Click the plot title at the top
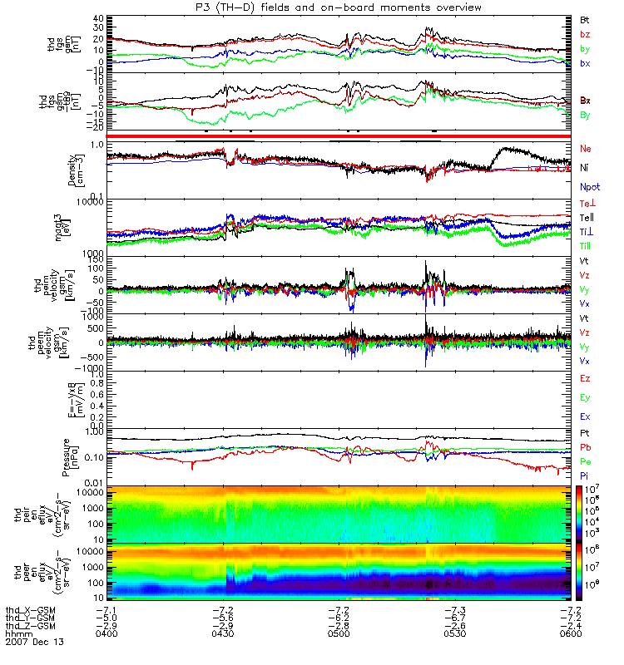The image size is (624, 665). tap(312, 7)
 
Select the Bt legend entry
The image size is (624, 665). tap(586, 18)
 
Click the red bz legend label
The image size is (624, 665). tap(586, 33)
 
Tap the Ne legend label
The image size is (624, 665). tap(586, 148)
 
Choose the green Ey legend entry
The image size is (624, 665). tap(586, 397)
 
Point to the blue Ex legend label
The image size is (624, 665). tap(586, 416)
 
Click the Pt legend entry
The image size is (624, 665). tap(585, 434)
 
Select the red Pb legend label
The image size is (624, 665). tap(586, 447)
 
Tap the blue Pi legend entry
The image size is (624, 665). tap(585, 475)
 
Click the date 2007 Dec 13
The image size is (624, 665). tap(35, 643)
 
